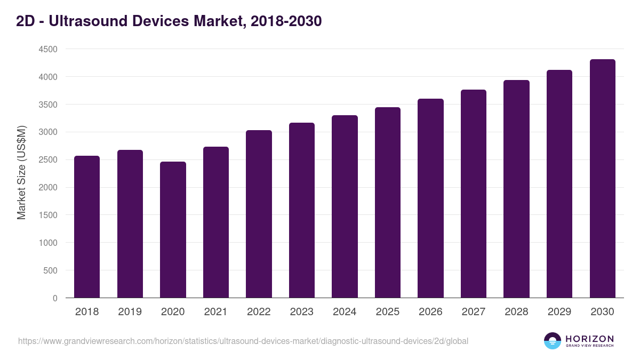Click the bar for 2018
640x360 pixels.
(x=87, y=227)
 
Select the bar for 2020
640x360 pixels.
(x=173, y=229)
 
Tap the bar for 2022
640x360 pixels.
(x=259, y=214)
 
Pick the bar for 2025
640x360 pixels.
(x=388, y=203)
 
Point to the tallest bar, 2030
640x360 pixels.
(x=602, y=179)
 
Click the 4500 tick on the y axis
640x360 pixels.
(x=47, y=49)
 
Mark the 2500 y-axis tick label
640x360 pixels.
(x=47, y=160)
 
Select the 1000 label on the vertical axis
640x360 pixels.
(x=47, y=243)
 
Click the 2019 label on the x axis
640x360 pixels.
(x=130, y=312)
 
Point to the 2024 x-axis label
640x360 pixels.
(x=345, y=312)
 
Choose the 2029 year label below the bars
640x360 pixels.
(x=559, y=312)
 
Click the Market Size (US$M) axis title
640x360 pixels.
(x=21, y=173)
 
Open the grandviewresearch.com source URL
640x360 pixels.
(x=243, y=341)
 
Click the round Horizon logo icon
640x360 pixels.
(x=553, y=341)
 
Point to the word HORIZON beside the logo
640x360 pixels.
(x=589, y=339)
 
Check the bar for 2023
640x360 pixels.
(x=302, y=210)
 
